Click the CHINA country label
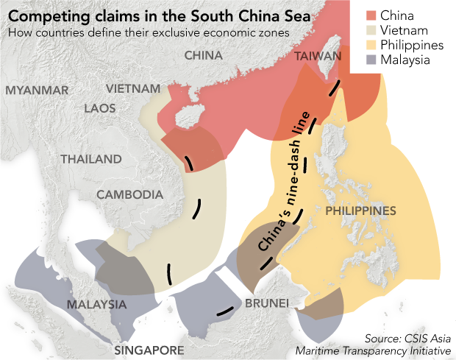point(204,55)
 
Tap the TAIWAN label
point(318,57)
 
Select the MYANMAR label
point(37,91)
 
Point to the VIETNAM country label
point(133,89)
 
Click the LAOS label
point(100,108)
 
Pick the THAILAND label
point(91,159)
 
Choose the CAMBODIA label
point(129,195)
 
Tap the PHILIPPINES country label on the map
point(360,211)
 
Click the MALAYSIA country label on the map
point(96,304)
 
